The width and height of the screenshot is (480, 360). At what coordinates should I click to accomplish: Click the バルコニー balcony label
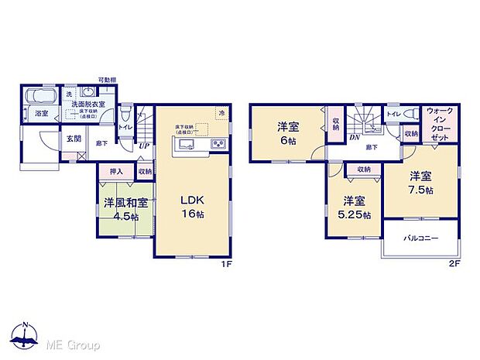420,238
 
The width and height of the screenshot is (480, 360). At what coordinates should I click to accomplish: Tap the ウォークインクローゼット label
440,123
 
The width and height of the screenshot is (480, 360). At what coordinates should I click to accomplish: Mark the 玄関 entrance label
73,139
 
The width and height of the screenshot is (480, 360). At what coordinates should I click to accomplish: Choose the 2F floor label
454,263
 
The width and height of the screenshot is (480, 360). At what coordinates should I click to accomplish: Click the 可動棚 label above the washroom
108,80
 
